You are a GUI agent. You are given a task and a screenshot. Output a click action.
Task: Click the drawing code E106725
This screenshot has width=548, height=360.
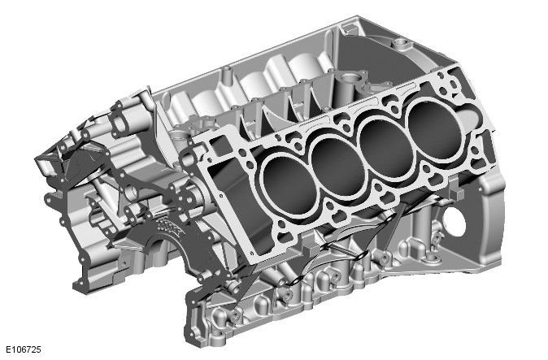pyautogui.click(x=22, y=349)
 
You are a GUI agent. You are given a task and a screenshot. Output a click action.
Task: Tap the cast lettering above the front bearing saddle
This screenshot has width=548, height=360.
pyautogui.click(x=170, y=221)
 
